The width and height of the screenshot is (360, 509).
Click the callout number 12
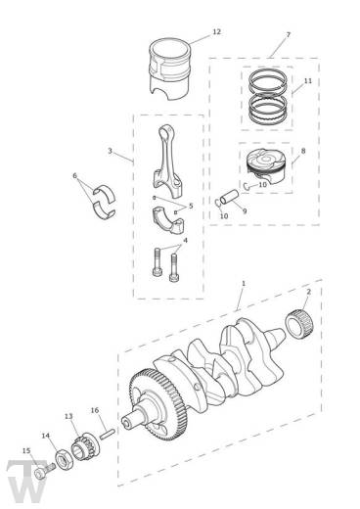point(217,32)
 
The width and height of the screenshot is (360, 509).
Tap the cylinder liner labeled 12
point(169,69)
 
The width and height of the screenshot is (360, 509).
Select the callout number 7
point(288,34)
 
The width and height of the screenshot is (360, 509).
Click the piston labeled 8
point(265,165)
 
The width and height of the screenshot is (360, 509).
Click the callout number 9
point(245,211)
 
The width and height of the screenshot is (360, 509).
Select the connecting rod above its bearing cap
point(167,161)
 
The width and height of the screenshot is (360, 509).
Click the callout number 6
point(75,176)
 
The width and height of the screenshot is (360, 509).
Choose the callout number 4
point(186,241)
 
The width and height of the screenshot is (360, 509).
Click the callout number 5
point(191,206)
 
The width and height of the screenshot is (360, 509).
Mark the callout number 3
point(111,151)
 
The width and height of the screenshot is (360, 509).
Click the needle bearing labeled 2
point(299,324)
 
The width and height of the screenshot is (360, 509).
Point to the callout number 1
point(244,284)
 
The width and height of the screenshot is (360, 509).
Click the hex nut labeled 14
point(63,461)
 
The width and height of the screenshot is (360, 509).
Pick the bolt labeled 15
point(44,472)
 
